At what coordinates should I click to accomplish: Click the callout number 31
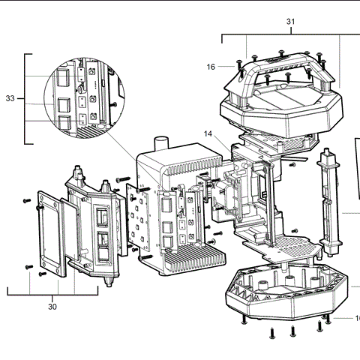point(290,22)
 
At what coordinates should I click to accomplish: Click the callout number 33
point(10,98)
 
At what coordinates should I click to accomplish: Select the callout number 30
point(52,306)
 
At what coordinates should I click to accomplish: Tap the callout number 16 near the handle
point(211,67)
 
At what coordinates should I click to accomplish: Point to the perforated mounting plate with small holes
point(138,218)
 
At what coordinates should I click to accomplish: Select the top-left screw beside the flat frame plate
point(27,200)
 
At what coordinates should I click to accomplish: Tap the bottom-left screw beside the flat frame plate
point(28,265)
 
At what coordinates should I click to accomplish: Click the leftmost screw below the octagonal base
point(245,320)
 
